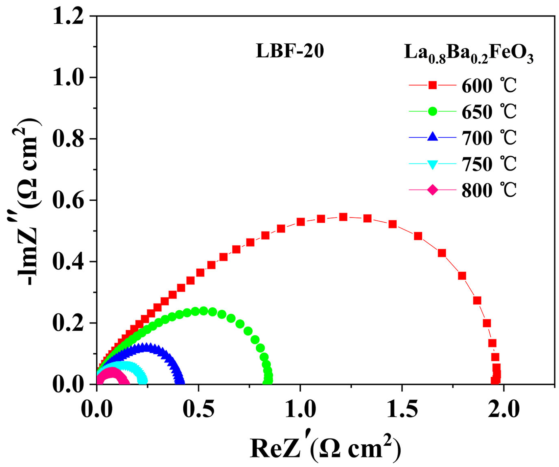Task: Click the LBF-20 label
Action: click(290, 52)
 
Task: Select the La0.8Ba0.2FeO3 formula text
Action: click(469, 54)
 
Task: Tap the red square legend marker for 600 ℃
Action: click(432, 85)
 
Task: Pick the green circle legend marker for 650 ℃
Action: click(432, 112)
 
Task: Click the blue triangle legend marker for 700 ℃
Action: click(432, 137)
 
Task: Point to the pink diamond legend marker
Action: click(432, 190)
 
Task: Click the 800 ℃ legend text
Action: click(489, 190)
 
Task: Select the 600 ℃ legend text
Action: click(489, 86)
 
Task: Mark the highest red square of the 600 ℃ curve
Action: click(343, 217)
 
